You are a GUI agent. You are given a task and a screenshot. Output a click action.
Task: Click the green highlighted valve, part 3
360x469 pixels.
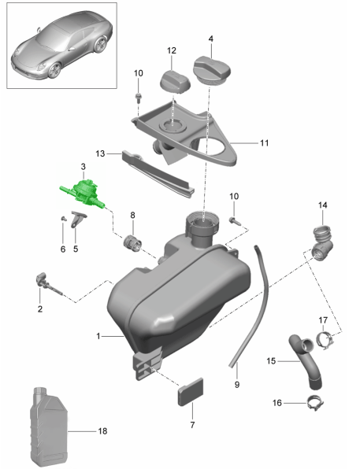click(x=83, y=193)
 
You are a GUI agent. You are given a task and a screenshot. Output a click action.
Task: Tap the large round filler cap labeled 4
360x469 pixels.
click(x=213, y=71)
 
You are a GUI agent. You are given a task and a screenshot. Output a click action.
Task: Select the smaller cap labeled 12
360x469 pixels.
click(x=176, y=81)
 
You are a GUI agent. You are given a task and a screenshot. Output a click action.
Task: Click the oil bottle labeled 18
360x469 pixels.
click(x=50, y=428)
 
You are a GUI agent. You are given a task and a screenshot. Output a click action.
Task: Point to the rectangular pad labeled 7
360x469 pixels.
click(x=191, y=392)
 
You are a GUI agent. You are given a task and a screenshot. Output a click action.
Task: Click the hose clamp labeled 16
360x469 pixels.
click(x=315, y=403)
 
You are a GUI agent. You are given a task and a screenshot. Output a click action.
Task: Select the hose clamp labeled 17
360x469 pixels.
click(x=325, y=341)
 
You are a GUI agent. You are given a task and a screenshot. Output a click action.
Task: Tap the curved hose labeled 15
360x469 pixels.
click(x=306, y=362)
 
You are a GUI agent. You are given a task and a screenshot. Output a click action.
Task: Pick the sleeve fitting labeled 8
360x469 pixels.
click(x=132, y=244)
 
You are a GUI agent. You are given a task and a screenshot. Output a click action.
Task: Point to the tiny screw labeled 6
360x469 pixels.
click(x=63, y=219)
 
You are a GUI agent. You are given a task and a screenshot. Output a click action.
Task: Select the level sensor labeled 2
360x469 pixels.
click(x=48, y=283)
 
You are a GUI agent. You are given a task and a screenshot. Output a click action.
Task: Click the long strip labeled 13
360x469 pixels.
click(x=158, y=174)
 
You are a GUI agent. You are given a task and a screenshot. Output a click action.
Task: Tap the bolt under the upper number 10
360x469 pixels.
click(x=138, y=97)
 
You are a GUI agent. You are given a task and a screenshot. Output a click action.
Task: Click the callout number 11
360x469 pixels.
click(x=264, y=143)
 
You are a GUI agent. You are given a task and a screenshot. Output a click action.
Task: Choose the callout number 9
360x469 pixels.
click(x=237, y=384)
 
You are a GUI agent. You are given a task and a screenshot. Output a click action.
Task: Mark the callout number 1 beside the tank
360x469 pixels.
click(x=98, y=337)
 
